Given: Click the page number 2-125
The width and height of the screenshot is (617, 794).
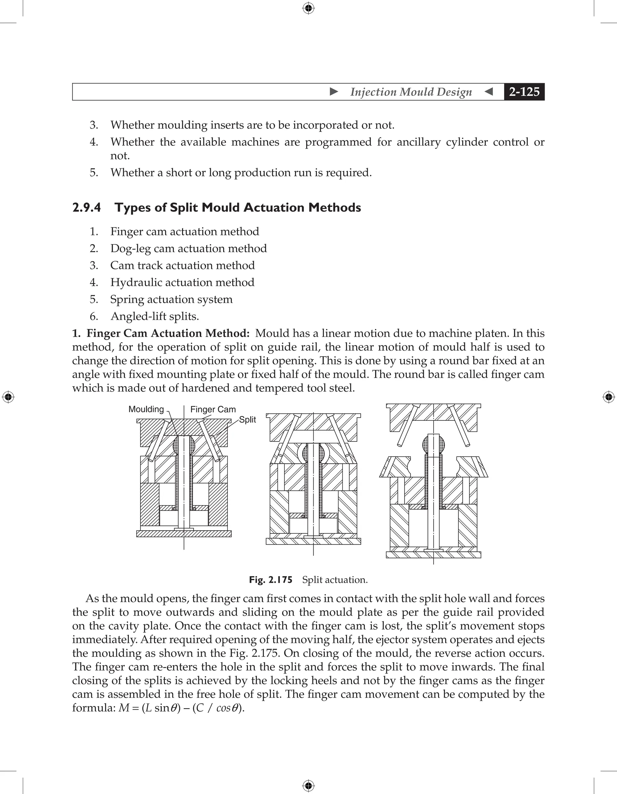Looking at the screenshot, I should point(524,92).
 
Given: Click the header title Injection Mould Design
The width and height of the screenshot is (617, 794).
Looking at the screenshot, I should point(411,92).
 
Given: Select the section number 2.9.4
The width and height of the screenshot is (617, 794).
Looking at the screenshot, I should point(86,208).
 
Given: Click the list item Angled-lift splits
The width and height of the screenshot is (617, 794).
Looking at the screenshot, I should point(155,316).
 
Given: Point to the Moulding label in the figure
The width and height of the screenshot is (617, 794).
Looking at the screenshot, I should point(146,409).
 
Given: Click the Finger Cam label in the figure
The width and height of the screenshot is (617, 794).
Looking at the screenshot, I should point(213,409).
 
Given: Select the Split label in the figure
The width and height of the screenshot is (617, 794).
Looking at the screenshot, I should point(247,420).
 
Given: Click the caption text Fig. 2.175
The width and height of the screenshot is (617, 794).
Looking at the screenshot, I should point(271,580).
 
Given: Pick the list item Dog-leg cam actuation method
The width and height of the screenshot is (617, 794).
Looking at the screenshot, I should point(188,249).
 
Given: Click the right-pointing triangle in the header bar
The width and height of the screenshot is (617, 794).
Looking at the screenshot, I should point(334,92).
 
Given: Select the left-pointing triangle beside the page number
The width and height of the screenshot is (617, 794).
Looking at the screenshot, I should point(489,92).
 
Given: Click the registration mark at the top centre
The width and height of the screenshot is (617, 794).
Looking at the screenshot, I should point(308,8).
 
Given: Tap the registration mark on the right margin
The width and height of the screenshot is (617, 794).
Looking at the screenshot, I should point(609,397).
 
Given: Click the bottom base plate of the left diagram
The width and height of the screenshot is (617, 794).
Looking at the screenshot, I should point(184,534).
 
